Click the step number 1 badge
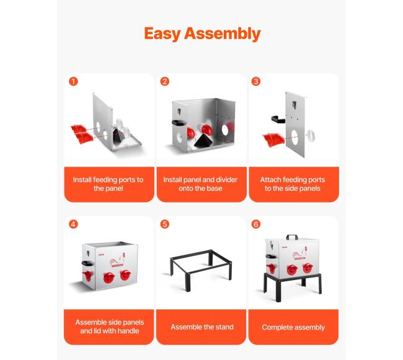pos(73,82)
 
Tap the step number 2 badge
pos(165,82)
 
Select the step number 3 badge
pos(255,82)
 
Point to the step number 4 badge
pos(73,224)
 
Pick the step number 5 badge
pos(165,224)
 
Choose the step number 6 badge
pos(255,224)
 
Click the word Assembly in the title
pos(223,34)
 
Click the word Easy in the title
pos(162,34)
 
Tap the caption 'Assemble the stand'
pos(202,327)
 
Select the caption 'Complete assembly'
pos(293,327)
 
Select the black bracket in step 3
pos(278,119)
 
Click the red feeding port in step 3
pos(273,139)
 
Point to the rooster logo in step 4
pos(118,260)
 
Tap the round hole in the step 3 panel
pos(294,138)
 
